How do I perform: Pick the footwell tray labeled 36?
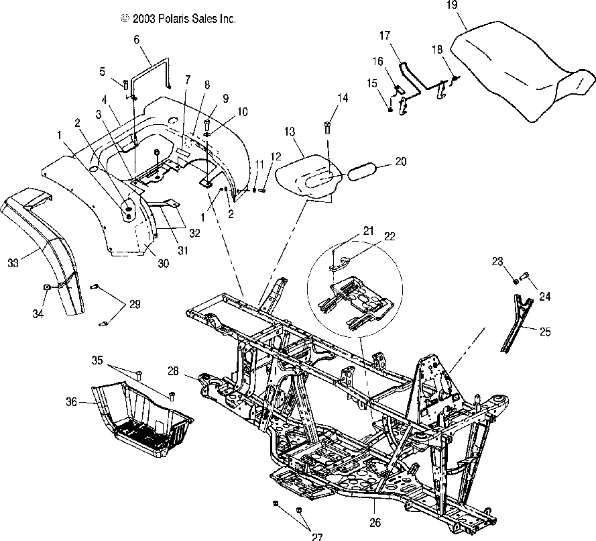pyautogui.click(x=144, y=423)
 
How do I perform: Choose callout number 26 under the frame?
pyautogui.click(x=375, y=518)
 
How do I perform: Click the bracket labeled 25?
pyautogui.click(x=517, y=326)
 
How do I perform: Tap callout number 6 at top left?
pyautogui.click(x=137, y=40)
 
